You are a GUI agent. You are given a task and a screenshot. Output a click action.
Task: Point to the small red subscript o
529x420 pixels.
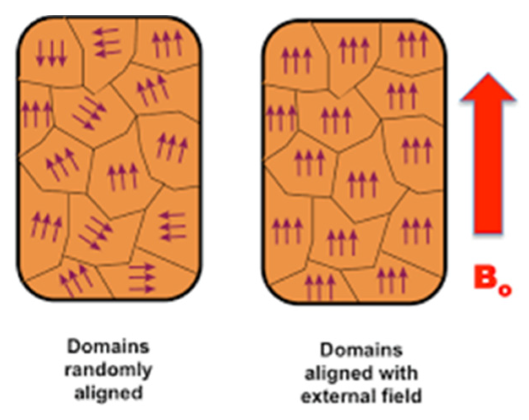[505, 290]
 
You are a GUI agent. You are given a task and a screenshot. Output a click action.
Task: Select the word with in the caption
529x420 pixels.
[397, 373]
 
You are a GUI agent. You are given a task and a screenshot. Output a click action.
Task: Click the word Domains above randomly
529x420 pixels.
[108, 347]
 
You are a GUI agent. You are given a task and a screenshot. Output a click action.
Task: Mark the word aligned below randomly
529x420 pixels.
[108, 393]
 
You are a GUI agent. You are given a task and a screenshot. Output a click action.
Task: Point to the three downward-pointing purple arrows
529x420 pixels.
[51, 54]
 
